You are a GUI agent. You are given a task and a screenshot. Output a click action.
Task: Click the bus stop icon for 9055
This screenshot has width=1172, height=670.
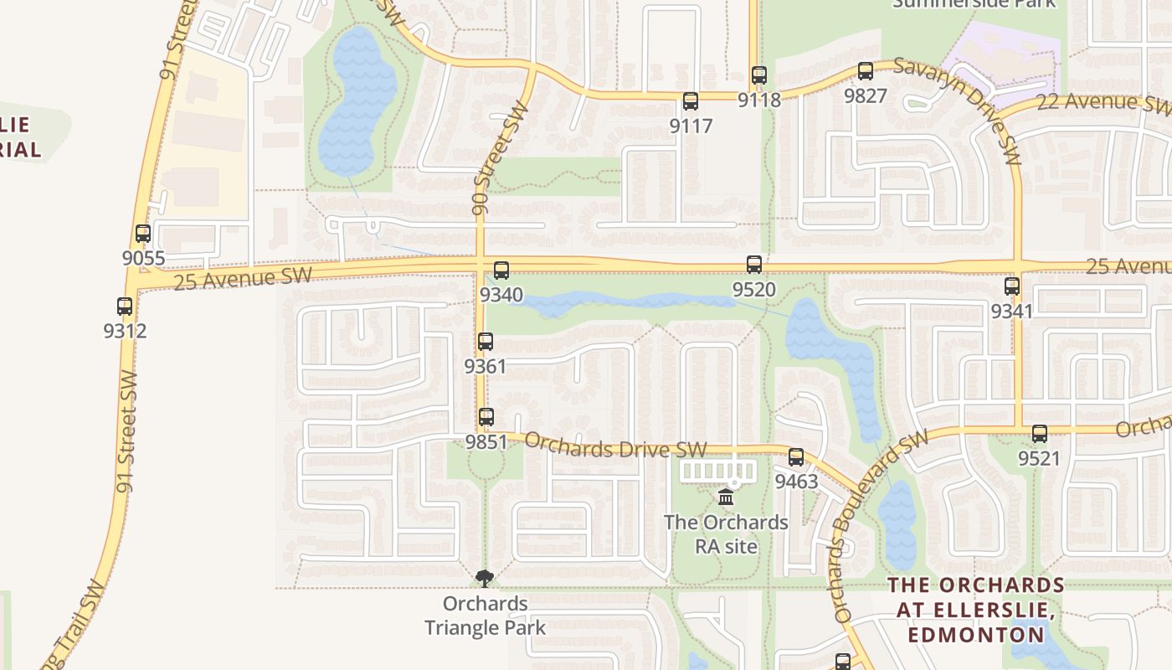143,234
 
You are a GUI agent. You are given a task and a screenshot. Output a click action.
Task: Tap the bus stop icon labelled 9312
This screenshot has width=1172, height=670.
125,307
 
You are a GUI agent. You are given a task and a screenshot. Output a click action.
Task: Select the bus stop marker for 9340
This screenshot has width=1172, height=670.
501,271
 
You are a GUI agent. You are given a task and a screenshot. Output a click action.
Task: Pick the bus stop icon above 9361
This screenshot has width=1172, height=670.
486,342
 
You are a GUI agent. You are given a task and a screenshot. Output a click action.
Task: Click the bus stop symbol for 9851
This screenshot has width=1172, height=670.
486,417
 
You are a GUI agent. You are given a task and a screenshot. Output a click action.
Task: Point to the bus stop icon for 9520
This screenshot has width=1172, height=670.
754,265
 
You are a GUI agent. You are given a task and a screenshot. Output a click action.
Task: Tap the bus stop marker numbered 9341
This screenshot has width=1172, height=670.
1012,286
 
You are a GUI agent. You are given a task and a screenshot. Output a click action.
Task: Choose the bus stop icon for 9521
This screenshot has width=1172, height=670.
1040,434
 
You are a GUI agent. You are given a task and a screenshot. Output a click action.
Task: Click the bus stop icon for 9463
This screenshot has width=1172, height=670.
796,457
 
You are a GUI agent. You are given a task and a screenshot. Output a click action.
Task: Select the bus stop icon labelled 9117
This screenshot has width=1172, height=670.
691,101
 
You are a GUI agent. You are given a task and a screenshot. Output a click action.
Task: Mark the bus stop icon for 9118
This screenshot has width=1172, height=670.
759,75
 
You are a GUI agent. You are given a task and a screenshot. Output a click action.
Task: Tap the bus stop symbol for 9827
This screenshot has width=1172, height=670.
866,71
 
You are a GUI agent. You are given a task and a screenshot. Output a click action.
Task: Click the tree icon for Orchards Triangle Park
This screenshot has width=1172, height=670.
485,578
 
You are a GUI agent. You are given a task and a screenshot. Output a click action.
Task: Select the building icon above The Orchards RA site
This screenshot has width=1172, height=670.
726,497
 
